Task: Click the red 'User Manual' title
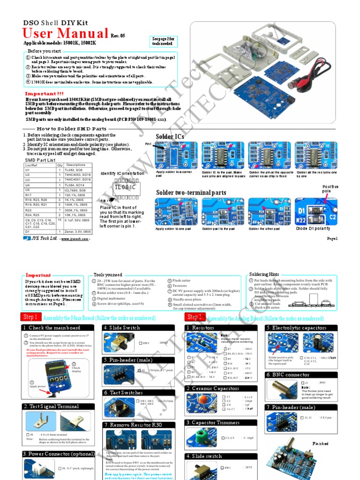66,34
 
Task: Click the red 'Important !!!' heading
44,94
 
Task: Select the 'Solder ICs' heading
170,136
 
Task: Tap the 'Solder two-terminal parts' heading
191,193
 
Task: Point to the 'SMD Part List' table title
40,160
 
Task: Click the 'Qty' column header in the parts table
60,165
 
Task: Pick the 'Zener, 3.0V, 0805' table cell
78,232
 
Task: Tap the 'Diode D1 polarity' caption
313,228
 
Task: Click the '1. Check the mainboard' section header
52,328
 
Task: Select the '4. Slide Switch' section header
122,328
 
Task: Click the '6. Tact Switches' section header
124,392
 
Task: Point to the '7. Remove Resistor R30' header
133,425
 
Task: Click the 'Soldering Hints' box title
264,274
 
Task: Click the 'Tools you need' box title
108,275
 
